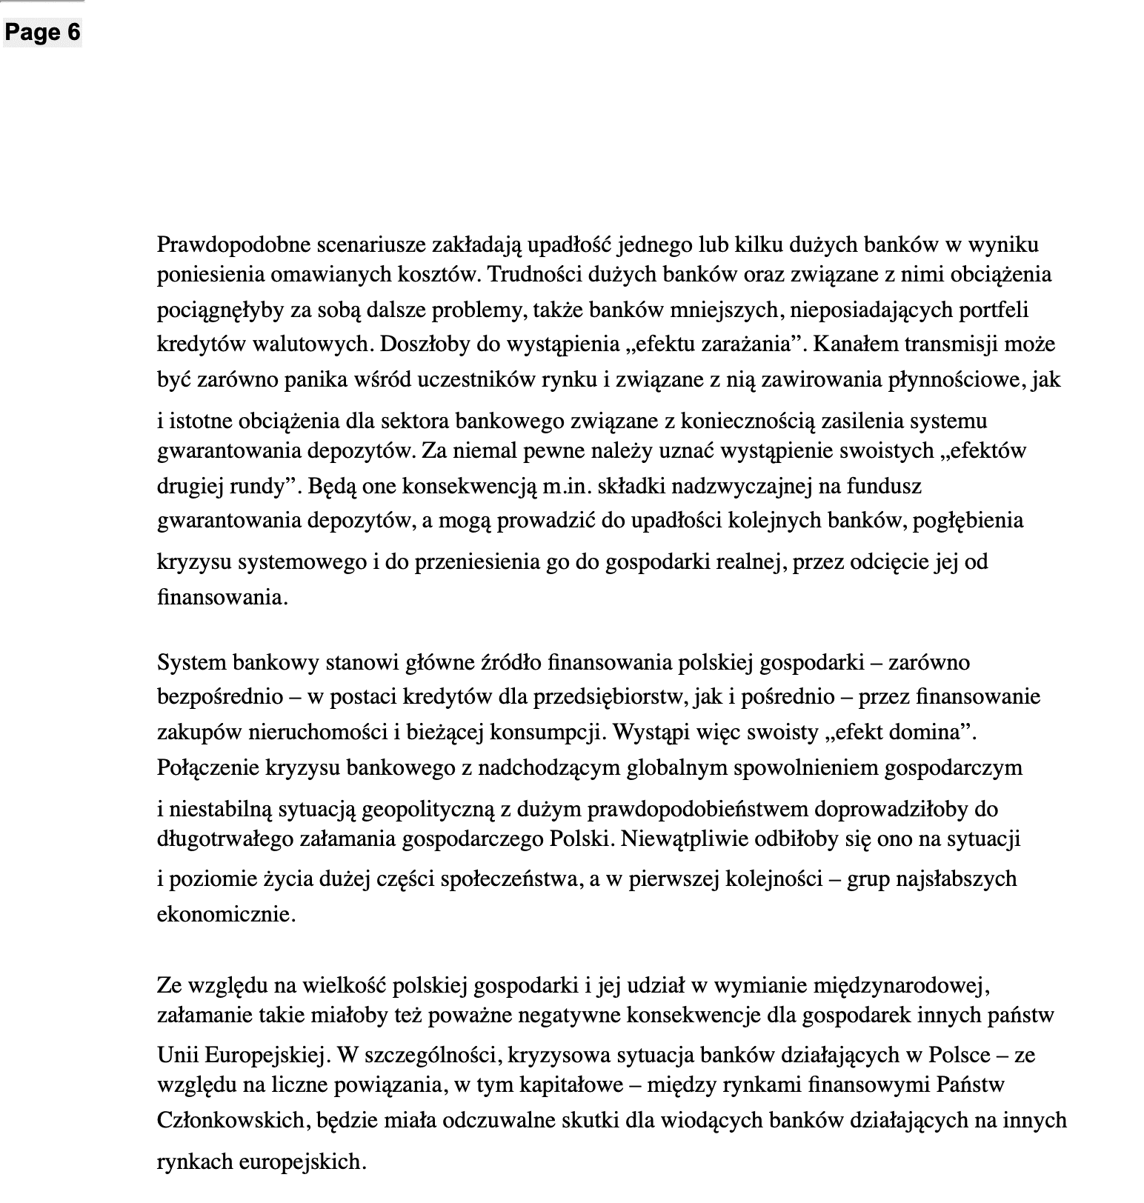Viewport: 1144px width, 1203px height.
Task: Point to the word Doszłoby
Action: pos(421,344)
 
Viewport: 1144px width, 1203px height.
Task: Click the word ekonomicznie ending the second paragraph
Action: pos(224,914)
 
